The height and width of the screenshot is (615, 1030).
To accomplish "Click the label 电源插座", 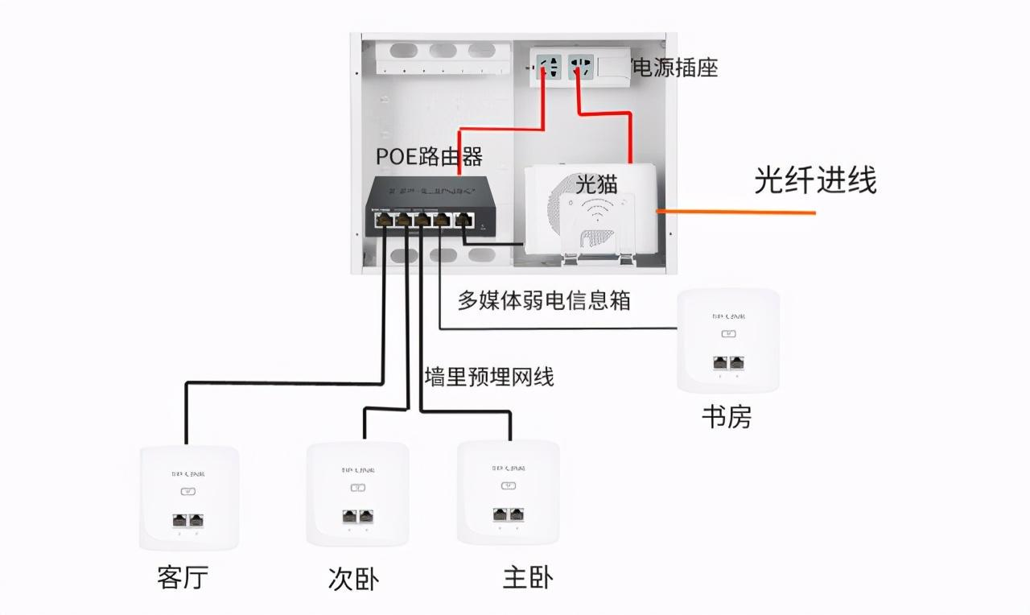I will pos(676,68).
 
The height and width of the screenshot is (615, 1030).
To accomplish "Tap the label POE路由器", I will pos(430,156).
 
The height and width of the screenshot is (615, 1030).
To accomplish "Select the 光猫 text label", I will pos(596,183).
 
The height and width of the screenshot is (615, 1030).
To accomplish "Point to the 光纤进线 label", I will pos(814,180).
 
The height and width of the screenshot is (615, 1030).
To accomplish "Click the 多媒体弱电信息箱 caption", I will pos(544,300).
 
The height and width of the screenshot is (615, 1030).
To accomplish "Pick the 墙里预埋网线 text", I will pos(488,376).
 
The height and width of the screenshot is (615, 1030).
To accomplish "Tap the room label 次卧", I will pos(353,579).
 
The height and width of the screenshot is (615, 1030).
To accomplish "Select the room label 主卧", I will pos(528,577).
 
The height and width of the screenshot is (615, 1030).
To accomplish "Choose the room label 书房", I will pos(727,417).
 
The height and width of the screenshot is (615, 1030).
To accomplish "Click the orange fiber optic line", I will pos(736,212).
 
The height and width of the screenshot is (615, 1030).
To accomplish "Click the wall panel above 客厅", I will pos(189,497).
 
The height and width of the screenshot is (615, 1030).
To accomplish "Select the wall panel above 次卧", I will pos(357,493).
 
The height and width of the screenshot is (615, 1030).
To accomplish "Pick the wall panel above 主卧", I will pos(508,492).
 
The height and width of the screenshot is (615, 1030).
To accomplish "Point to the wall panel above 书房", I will pos(728,341).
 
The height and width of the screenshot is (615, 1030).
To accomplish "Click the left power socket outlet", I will pos(550,67).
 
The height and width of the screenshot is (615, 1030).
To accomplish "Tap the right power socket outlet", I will pos(580,67).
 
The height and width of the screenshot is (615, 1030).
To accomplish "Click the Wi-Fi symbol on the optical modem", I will pos(596,213).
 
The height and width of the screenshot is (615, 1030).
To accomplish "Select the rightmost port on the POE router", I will pos(463,219).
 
